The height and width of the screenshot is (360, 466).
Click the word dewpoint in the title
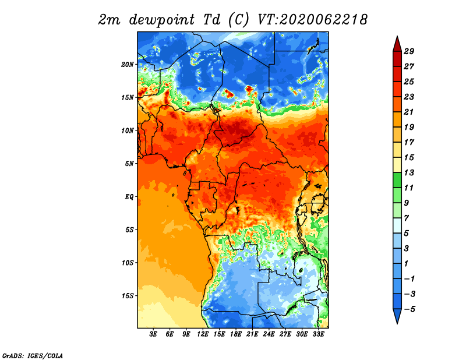click(x=162, y=20)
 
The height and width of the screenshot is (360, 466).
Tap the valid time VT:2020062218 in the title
click(x=313, y=20)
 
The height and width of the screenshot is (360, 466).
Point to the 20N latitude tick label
click(x=128, y=65)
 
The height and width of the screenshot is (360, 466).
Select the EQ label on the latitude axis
click(x=129, y=197)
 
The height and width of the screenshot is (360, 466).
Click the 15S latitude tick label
click(x=128, y=296)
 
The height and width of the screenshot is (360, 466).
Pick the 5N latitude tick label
click(x=129, y=164)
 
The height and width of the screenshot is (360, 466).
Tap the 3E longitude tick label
click(x=153, y=334)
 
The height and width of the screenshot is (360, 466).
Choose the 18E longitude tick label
click(x=236, y=334)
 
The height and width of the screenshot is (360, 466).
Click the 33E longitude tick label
click(x=318, y=334)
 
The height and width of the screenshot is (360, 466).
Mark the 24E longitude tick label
click(x=269, y=334)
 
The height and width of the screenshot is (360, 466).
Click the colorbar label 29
click(x=409, y=51)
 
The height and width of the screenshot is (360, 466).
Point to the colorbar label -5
click(x=409, y=309)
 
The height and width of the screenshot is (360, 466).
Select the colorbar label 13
click(x=409, y=172)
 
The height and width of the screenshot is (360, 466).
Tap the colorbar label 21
click(x=409, y=112)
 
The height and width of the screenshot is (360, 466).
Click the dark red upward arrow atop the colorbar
click(x=397, y=44)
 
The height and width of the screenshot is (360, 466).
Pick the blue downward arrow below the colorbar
click(x=397, y=316)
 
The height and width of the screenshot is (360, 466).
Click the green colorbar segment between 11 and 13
click(x=397, y=180)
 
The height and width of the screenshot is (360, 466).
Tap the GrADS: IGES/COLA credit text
click(x=33, y=355)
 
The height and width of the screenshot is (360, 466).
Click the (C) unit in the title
click(x=238, y=20)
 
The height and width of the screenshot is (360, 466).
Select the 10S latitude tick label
click(x=128, y=263)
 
